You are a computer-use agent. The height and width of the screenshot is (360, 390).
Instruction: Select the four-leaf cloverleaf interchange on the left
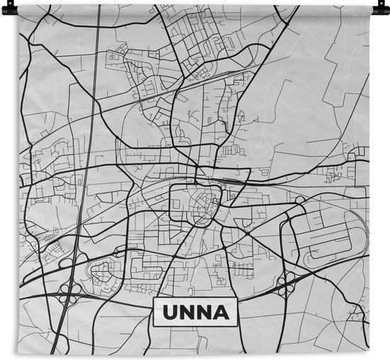pyautogui.click(x=70, y=287)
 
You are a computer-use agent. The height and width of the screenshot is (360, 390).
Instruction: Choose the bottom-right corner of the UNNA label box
pyautogui.click(x=237, y=325)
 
